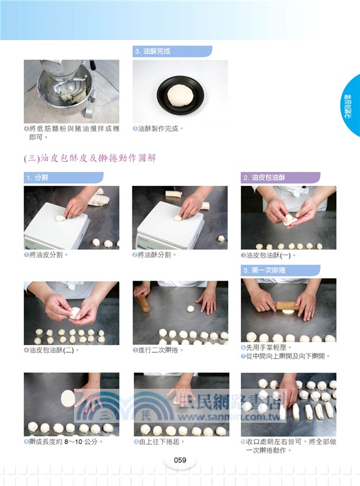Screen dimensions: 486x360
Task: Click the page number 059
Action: (x=180, y=460)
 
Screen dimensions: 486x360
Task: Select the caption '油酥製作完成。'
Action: (x=161, y=129)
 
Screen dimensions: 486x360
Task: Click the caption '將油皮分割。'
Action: (x=49, y=255)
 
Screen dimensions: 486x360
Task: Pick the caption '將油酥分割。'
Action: (x=157, y=255)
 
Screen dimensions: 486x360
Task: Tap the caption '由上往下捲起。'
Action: (x=161, y=442)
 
